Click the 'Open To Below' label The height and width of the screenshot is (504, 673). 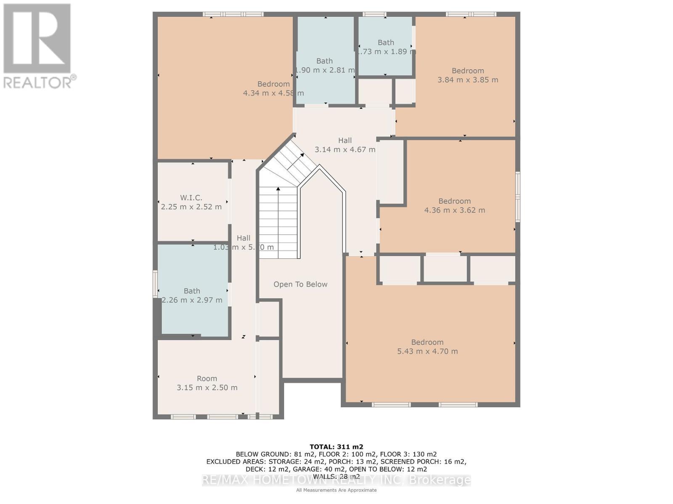tap(300, 284)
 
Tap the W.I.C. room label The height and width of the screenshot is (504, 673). tap(191, 197)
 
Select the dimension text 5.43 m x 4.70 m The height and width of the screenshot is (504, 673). tap(427, 351)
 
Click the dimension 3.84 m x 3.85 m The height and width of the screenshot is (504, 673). tap(468, 80)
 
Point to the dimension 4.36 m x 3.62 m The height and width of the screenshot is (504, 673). tap(454, 210)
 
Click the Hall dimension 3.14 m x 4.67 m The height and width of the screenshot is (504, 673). tap(345, 150)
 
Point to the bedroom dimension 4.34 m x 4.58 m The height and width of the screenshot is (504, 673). tap(273, 93)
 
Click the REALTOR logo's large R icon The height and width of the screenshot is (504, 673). tap(37, 39)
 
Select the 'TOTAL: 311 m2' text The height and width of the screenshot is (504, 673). tap(336, 447)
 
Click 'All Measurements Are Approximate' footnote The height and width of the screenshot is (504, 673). tap(336, 490)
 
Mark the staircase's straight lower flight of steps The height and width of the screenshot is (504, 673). tap(278, 223)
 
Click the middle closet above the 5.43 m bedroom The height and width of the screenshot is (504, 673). tap(445, 269)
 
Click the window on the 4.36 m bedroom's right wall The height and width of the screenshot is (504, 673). tap(518, 197)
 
